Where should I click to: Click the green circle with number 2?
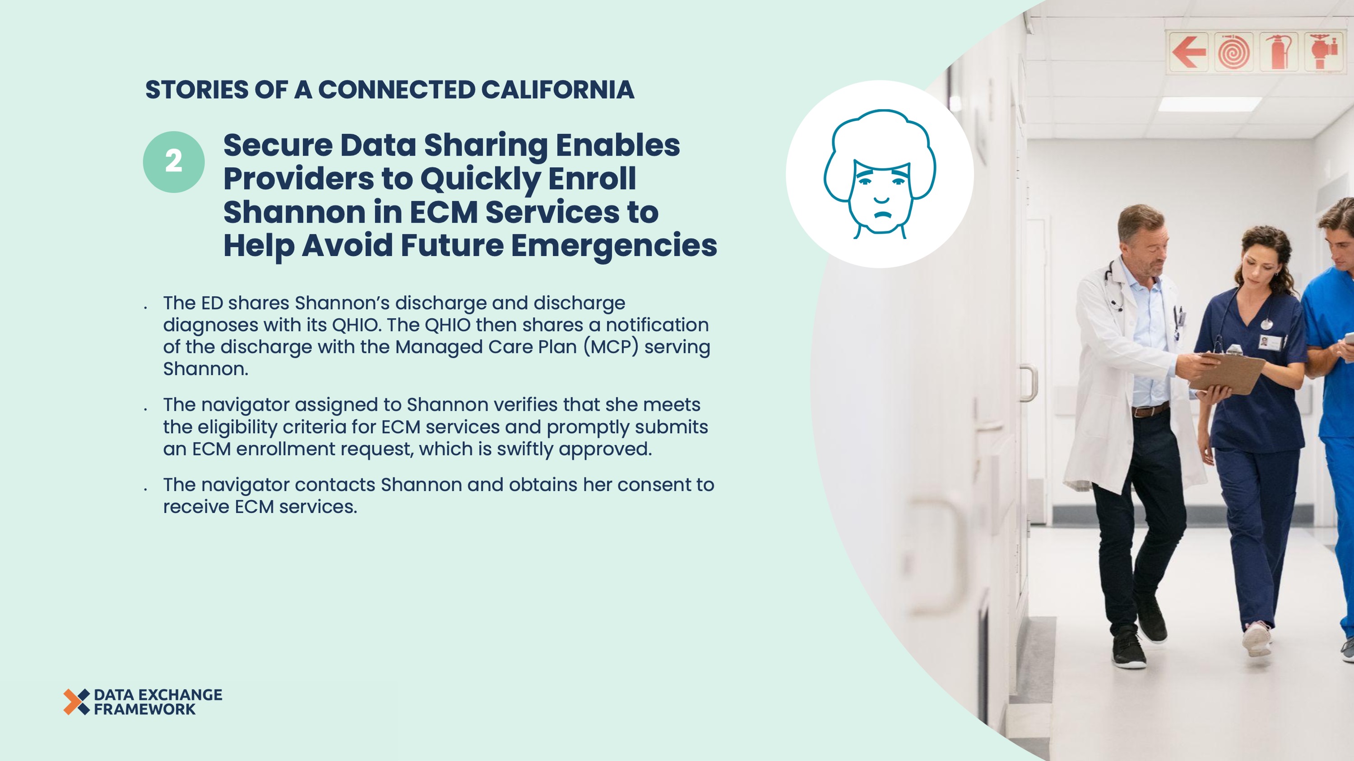coord(173,162)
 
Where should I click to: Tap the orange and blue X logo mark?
coord(76,701)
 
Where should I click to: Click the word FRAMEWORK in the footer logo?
coord(144,710)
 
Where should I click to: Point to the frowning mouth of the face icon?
coord(882,214)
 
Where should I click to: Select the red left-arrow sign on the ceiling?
coord(1188,51)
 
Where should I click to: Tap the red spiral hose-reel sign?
coord(1233,51)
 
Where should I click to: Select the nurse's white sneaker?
coord(1257,638)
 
